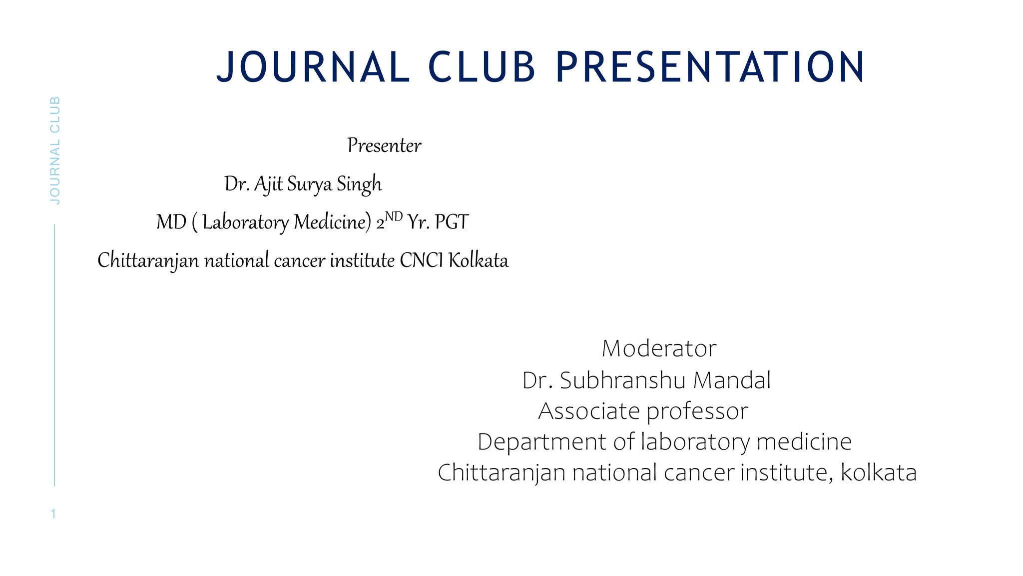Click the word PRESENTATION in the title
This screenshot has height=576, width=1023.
710,67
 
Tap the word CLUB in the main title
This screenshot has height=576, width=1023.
482,67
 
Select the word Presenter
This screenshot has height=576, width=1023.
384,145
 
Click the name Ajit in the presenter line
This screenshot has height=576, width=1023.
268,184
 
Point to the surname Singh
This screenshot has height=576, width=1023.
359,184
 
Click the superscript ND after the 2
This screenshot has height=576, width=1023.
394,216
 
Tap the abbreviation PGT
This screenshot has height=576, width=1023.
452,222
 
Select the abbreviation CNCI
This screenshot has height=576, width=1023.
421,260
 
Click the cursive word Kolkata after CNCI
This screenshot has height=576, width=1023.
478,260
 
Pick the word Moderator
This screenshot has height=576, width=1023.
659,348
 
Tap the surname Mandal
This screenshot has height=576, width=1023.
732,380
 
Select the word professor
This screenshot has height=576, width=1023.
697,411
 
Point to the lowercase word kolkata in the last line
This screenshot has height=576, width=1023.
879,472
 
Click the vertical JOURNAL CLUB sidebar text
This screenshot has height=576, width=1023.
55,150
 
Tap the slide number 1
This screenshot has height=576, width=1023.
53,513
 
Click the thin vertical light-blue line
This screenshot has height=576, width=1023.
54,355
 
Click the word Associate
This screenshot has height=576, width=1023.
588,411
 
